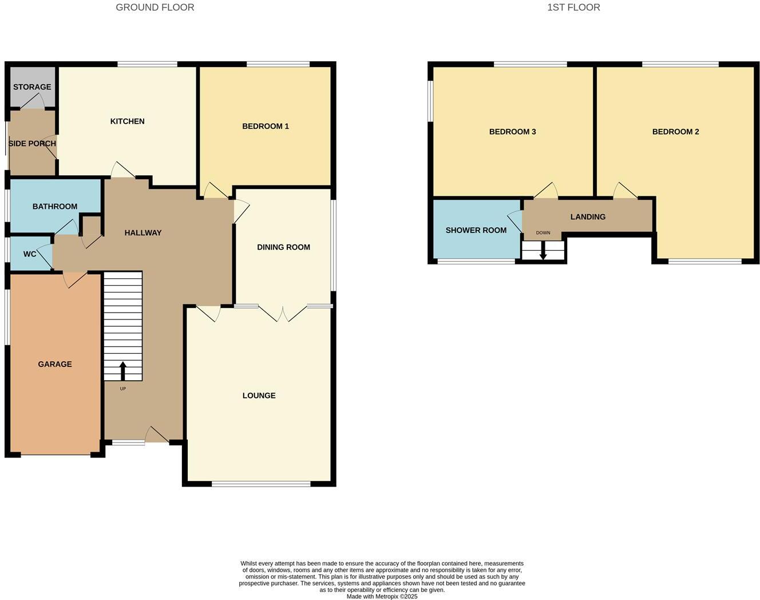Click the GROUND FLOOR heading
click(x=155, y=7)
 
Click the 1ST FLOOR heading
click(x=573, y=7)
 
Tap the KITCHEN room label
click(x=127, y=121)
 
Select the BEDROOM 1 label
click(x=266, y=126)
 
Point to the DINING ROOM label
click(x=283, y=247)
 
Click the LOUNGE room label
click(x=259, y=396)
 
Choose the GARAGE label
click(x=55, y=364)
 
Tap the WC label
click(x=30, y=254)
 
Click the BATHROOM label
click(x=55, y=207)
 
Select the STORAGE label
click(x=32, y=87)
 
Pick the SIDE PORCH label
click(x=32, y=144)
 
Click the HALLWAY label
click(x=143, y=233)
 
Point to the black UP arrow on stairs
click(x=122, y=370)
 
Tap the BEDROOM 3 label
click(x=512, y=132)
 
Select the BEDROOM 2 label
click(x=675, y=132)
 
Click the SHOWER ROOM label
click(x=476, y=231)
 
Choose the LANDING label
click(x=588, y=217)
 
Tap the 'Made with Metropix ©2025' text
click(x=382, y=597)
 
